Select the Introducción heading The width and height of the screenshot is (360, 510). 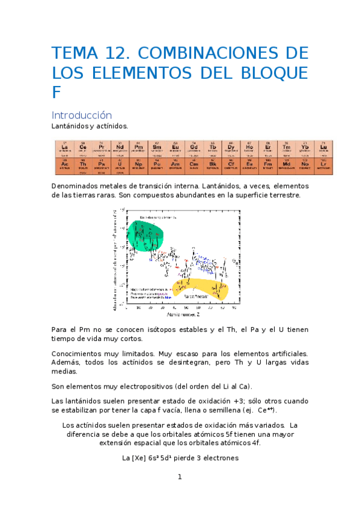82,115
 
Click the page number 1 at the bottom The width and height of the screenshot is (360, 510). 179,477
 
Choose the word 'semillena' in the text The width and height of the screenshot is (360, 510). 225,410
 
